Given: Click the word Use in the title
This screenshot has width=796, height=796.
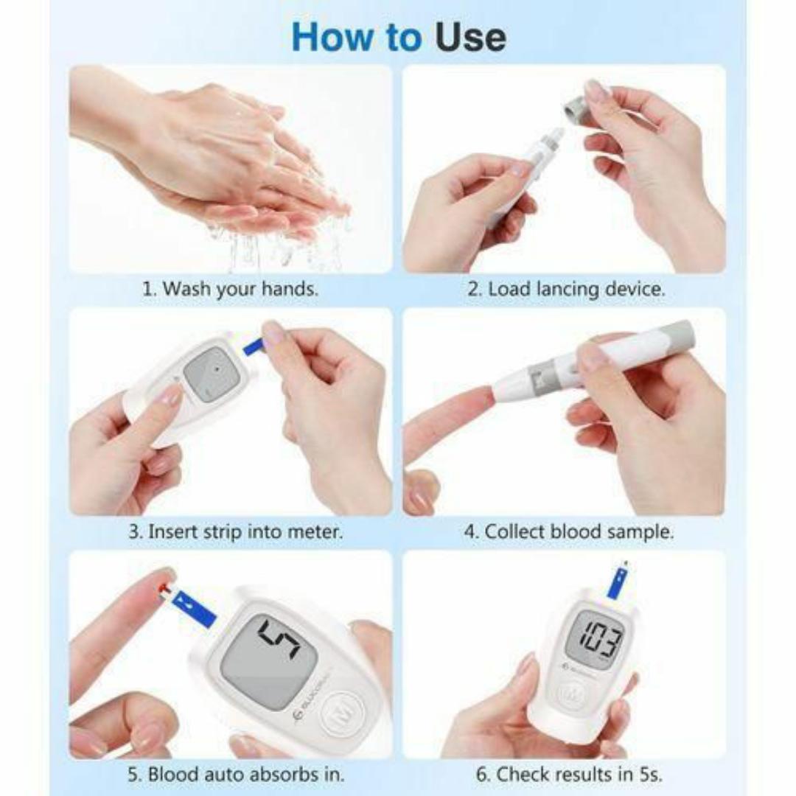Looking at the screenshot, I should click(x=469, y=37).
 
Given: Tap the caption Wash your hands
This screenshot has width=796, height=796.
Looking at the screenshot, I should click(x=230, y=288).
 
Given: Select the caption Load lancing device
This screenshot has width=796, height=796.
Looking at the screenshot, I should click(x=566, y=288).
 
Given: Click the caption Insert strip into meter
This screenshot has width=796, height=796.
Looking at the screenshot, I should click(x=236, y=531).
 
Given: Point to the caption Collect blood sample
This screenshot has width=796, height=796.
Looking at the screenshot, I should click(x=568, y=531).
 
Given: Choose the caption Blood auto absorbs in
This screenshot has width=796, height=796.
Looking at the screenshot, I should click(x=236, y=775).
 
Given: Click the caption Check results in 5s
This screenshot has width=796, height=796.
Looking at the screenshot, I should click(x=568, y=775).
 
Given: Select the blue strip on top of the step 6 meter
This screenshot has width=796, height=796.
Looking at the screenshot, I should click(x=616, y=582).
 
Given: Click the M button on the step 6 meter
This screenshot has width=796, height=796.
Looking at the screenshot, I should click(x=568, y=693).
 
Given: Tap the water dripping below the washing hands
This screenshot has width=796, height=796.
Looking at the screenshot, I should click(x=280, y=247).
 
